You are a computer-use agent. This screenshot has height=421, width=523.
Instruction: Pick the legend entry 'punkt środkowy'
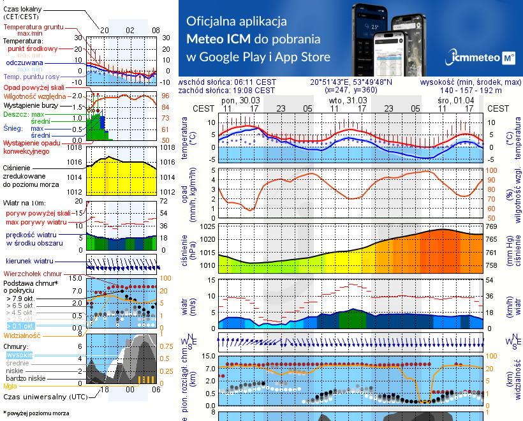[33, 48]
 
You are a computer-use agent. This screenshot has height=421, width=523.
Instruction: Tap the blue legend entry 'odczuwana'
[24, 63]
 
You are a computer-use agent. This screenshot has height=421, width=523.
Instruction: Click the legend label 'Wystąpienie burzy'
[29, 104]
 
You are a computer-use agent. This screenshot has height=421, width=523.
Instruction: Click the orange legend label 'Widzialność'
[22, 335]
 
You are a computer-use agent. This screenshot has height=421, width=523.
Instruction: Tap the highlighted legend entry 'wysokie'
[18, 355]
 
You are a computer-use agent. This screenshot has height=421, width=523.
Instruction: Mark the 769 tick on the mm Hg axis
[492, 226]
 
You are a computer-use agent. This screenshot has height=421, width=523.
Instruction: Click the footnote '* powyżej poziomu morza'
[36, 413]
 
